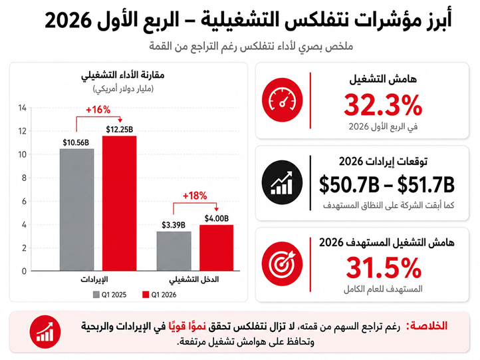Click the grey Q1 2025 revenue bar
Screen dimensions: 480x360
(77, 210)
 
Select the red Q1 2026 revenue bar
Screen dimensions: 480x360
(120, 204)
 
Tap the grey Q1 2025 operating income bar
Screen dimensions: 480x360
(174, 252)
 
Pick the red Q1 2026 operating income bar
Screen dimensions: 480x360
(217, 248)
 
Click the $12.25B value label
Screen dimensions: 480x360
(120, 130)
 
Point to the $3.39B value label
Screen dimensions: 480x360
(174, 225)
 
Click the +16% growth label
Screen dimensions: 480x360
(98, 110)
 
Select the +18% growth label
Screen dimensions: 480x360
(195, 196)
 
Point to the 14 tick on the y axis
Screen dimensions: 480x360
(23, 108)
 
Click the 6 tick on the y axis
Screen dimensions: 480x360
(24, 201)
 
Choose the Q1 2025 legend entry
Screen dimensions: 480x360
(110, 295)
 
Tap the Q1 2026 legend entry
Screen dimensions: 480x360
(160, 295)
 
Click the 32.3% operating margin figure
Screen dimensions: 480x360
(383, 105)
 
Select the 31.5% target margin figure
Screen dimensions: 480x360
(384, 268)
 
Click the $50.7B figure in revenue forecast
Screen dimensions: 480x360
(349, 185)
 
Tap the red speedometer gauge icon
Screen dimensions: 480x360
(283, 100)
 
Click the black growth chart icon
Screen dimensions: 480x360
(283, 182)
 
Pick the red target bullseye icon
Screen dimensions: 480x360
(283, 264)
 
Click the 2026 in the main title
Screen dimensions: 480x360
(68, 20)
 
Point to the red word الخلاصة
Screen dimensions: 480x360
(427, 326)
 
